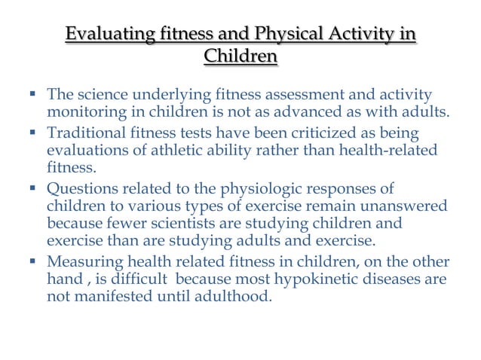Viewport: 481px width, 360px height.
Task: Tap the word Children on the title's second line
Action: click(x=240, y=56)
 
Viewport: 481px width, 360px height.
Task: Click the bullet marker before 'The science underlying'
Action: click(x=32, y=95)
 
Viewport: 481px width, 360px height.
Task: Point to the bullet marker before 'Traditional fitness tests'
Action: click(x=32, y=132)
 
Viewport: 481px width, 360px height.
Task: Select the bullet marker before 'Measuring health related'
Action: click(x=32, y=261)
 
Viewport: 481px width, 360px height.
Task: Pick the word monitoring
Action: click(x=82, y=113)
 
